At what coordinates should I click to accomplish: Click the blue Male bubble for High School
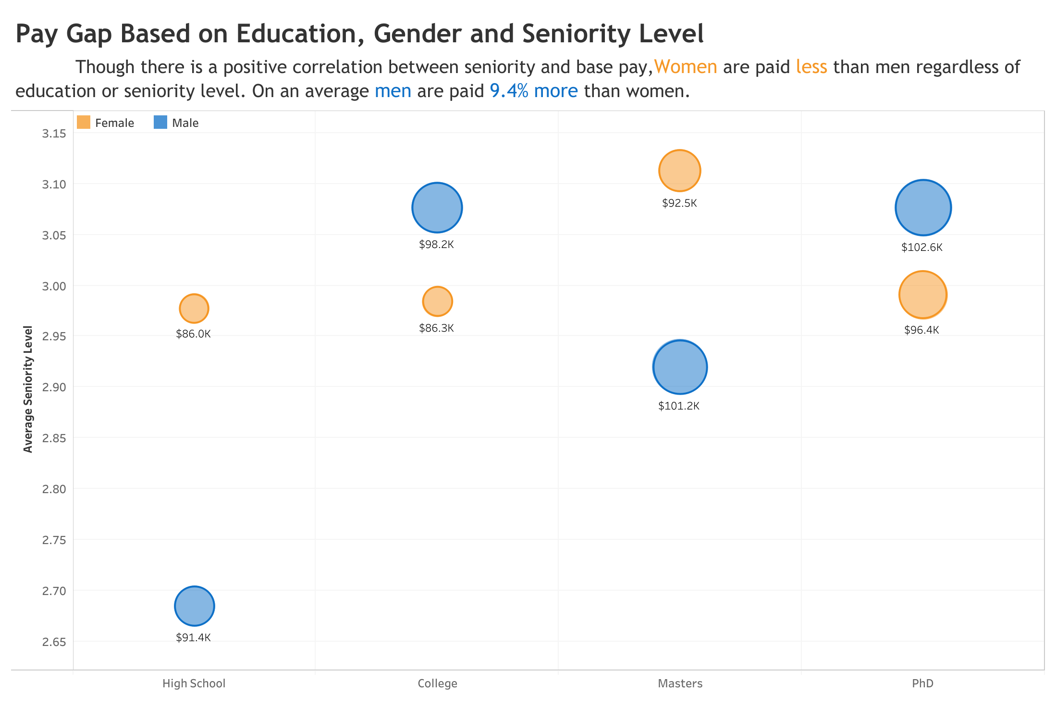[194, 606]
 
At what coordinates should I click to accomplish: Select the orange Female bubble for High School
[194, 309]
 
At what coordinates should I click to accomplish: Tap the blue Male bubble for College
[437, 208]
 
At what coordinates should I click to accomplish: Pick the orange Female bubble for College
[437, 301]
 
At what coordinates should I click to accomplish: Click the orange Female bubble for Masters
[679, 171]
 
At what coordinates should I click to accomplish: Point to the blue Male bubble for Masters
[680, 367]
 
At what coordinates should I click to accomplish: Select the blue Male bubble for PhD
[923, 208]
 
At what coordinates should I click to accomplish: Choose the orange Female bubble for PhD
[922, 295]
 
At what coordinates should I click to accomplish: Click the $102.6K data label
[921, 248]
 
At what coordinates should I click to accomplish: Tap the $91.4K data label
[193, 638]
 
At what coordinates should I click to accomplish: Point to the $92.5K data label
[679, 203]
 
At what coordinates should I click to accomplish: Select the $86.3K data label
[436, 328]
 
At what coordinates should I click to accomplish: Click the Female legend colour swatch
[84, 123]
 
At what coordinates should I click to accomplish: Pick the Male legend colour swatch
[160, 123]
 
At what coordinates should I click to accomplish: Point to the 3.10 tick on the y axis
[54, 184]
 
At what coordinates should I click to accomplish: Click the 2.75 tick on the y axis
[54, 540]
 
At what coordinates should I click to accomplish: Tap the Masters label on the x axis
[680, 683]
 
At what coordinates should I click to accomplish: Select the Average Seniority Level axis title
[28, 389]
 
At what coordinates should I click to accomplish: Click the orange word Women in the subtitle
[685, 67]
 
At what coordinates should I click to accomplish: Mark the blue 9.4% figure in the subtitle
[509, 91]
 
